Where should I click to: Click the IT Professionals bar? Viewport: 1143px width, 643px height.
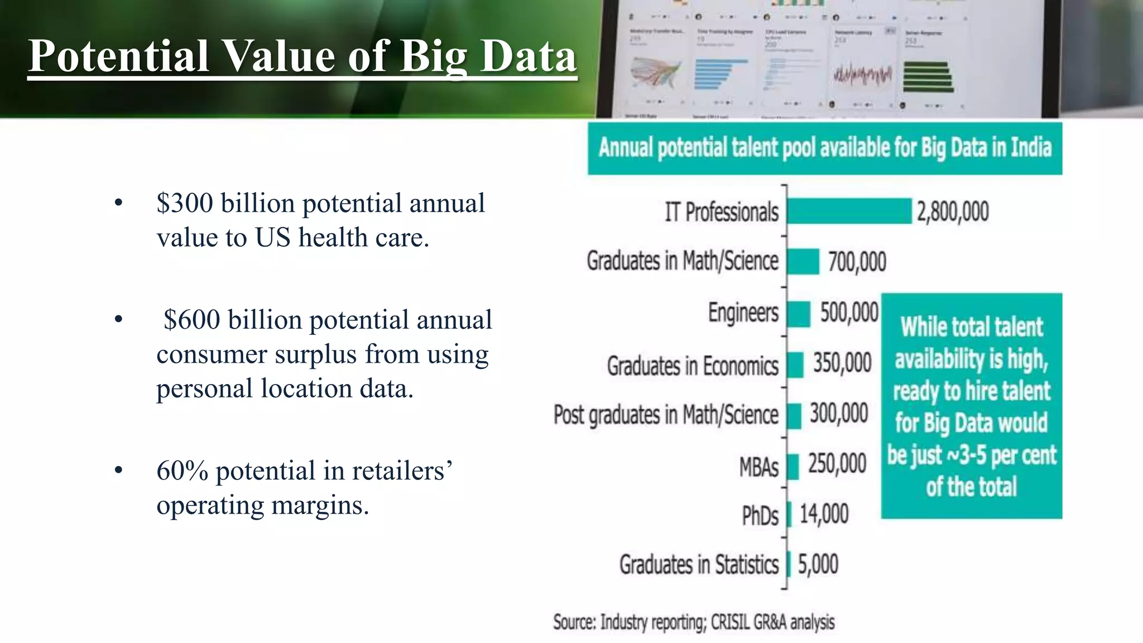(x=849, y=211)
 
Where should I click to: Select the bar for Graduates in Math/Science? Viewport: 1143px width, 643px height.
(x=803, y=261)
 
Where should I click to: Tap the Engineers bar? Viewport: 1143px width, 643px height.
(x=799, y=314)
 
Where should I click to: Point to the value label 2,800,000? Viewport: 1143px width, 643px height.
(x=953, y=212)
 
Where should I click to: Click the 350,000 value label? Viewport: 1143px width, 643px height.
(x=842, y=363)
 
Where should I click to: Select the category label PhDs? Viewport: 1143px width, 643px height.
(x=760, y=515)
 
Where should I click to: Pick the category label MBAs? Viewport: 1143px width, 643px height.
(x=758, y=467)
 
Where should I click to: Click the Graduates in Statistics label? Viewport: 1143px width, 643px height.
(x=699, y=564)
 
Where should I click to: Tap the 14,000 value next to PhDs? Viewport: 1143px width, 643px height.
(x=824, y=514)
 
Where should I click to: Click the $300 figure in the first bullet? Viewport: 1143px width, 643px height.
(x=185, y=203)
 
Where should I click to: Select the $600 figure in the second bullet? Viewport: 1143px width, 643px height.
(x=192, y=320)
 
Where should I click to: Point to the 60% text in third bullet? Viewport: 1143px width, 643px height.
(x=182, y=471)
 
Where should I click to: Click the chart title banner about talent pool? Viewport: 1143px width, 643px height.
(x=824, y=148)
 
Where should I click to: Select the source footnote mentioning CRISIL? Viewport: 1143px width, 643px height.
(x=694, y=622)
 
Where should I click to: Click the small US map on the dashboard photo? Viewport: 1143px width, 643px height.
(x=655, y=73)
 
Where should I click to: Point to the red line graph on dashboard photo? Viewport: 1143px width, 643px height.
(x=862, y=75)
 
